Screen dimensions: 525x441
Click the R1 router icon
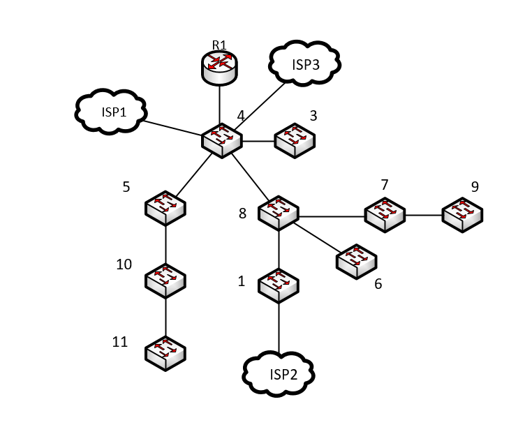click(219, 68)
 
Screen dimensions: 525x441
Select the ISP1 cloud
click(110, 112)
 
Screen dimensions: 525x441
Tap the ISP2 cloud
click(279, 374)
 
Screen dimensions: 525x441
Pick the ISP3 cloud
click(304, 63)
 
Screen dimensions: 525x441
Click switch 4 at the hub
click(221, 140)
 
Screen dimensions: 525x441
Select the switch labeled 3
click(295, 140)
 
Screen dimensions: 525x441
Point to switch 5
click(165, 208)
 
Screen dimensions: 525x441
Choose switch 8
click(279, 213)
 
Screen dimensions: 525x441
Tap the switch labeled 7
click(385, 215)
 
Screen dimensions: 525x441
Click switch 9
click(462, 215)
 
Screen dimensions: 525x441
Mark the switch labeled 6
click(357, 262)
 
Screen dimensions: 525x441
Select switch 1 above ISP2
click(279, 286)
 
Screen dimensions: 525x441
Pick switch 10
click(165, 281)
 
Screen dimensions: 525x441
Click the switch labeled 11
click(165, 353)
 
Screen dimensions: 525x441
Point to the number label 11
click(120, 342)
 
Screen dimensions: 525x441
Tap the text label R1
click(219, 45)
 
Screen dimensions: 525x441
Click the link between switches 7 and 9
click(424, 215)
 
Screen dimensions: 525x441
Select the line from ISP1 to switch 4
click(172, 128)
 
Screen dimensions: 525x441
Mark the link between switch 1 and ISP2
click(279, 327)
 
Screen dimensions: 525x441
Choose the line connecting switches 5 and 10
click(165, 245)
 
